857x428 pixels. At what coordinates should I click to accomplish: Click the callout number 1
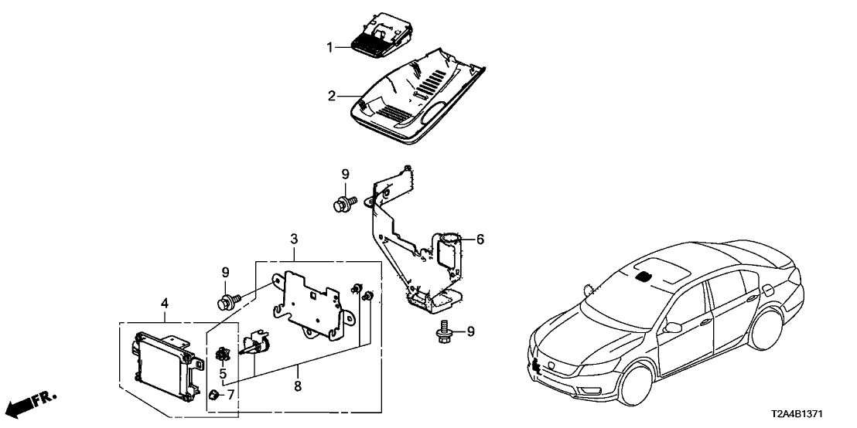329,48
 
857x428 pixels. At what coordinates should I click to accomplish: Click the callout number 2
332,97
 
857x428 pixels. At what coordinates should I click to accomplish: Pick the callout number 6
480,240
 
